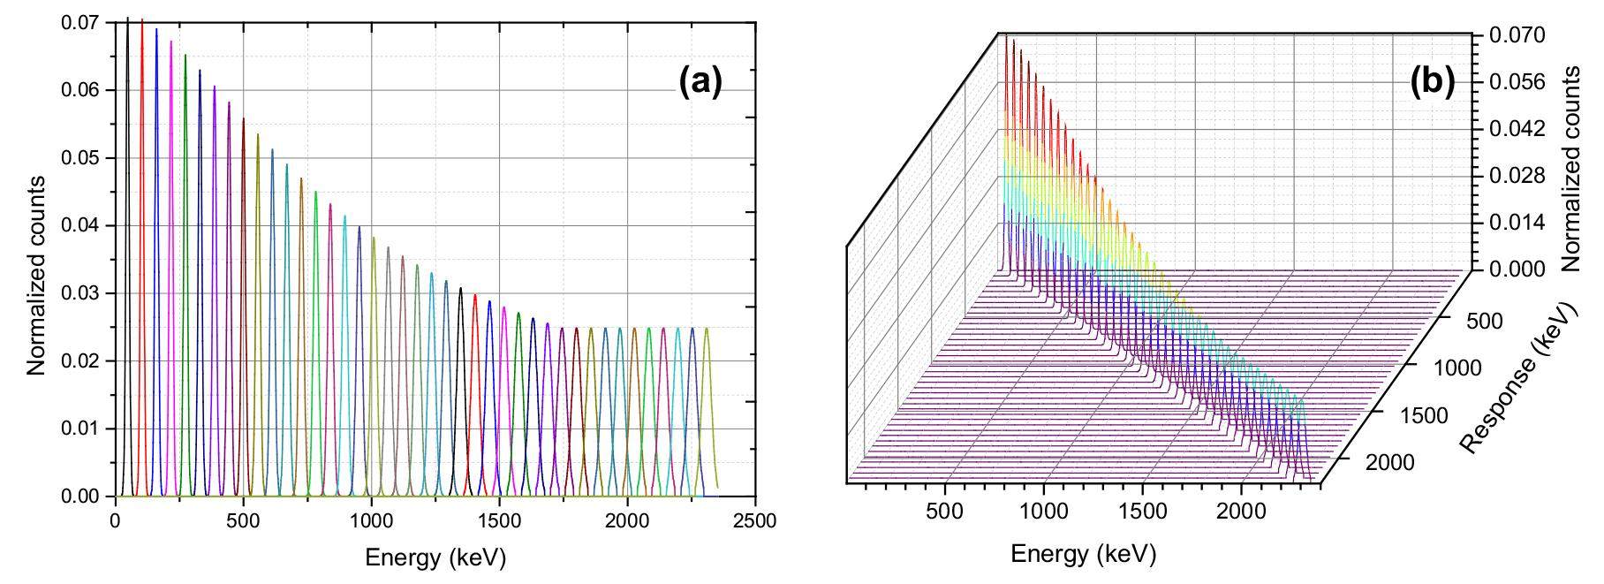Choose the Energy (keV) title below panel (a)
pyautogui.click(x=435, y=558)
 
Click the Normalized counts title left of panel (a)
pyautogui.click(x=36, y=276)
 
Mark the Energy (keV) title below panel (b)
pyautogui.click(x=1083, y=555)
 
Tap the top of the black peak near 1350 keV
pyautogui.click(x=460, y=289)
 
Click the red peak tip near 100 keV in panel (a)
pyautogui.click(x=142, y=21)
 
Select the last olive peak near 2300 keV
pyautogui.click(x=707, y=330)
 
